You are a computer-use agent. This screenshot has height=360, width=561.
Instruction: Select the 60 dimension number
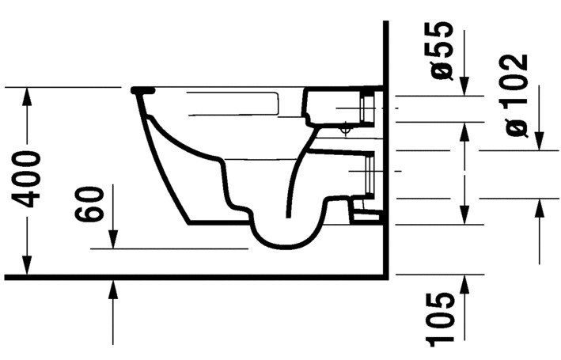click(x=92, y=204)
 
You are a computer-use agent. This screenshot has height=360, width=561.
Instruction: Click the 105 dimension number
click(x=441, y=319)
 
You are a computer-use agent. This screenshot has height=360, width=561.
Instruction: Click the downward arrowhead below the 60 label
click(x=113, y=240)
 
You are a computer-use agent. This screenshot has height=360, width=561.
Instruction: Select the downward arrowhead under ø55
click(x=464, y=88)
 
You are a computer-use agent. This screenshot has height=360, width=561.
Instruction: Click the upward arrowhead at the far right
click(x=540, y=207)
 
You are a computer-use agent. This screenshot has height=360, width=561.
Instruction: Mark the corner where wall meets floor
click(x=384, y=276)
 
